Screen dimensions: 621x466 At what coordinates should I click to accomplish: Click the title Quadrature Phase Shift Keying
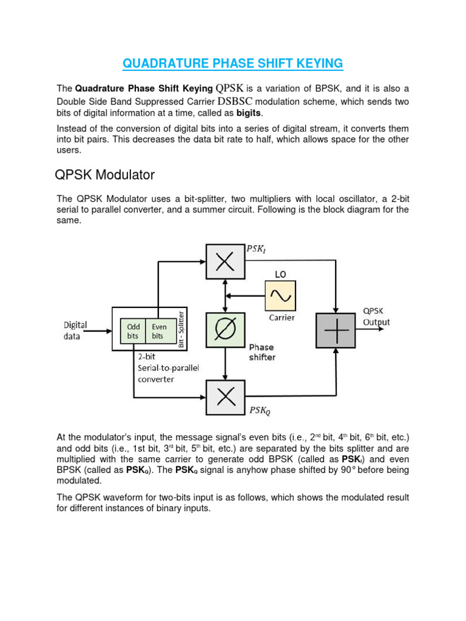pyautogui.click(x=233, y=63)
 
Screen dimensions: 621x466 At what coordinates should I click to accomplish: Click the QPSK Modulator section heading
pyautogui.click(x=105, y=175)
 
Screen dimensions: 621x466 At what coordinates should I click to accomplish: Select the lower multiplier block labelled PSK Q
pyautogui.click(x=225, y=397)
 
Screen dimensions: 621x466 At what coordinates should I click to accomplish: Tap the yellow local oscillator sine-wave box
pyautogui.click(x=280, y=296)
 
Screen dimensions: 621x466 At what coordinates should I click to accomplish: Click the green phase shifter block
pyautogui.click(x=225, y=331)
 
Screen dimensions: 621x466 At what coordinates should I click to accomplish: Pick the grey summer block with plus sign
pyautogui.click(x=336, y=331)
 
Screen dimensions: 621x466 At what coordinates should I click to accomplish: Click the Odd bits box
pyautogui.click(x=133, y=331)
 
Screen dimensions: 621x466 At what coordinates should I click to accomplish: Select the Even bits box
pyautogui.click(x=158, y=331)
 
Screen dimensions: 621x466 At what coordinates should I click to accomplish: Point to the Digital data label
pyautogui.click(x=75, y=331)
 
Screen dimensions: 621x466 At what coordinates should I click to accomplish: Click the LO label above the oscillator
pyautogui.click(x=280, y=274)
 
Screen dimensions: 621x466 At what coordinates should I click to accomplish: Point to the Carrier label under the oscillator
pyautogui.click(x=281, y=317)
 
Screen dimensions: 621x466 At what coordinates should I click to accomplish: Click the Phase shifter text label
pyautogui.click(x=262, y=352)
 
